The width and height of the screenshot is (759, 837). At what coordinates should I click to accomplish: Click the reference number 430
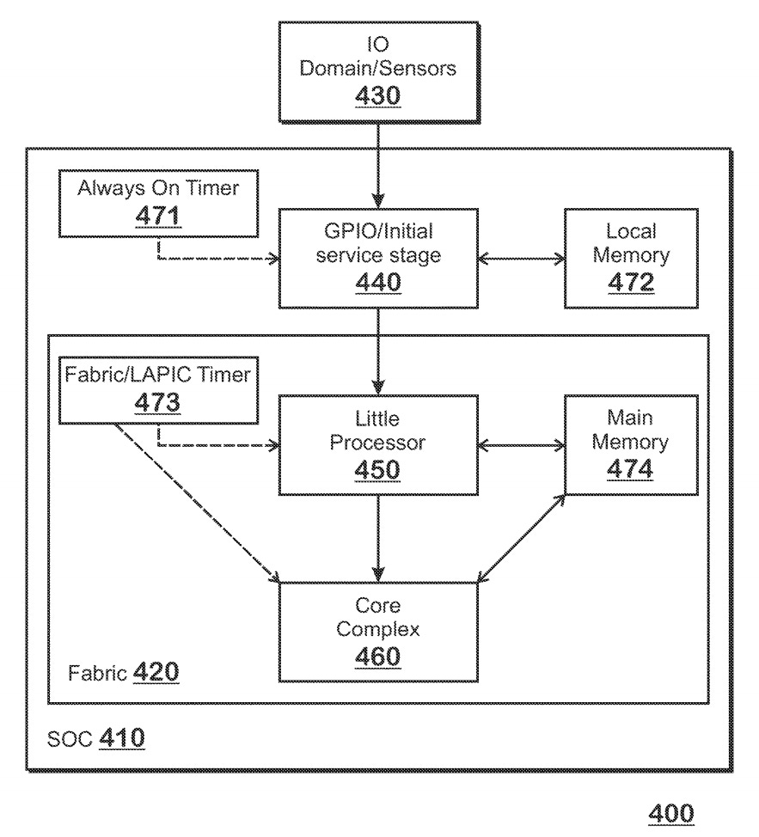378,96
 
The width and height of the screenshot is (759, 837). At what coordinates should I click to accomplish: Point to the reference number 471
159,217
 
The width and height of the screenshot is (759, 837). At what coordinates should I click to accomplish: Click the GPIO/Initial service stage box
378,256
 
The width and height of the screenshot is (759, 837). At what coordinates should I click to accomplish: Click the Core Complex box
378,631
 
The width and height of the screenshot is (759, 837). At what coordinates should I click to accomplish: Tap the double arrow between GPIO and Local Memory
520,256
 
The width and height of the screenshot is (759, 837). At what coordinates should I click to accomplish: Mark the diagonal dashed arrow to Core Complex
198,503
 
